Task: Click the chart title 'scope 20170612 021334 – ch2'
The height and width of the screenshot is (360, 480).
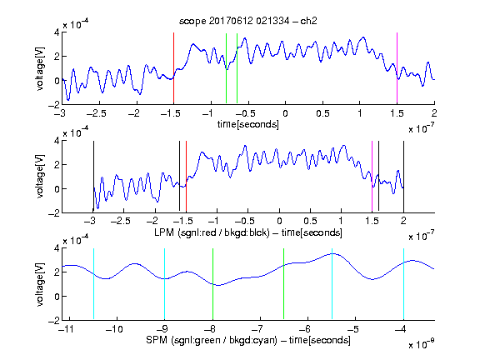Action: [x=248, y=21]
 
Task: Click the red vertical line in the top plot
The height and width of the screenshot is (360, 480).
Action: [x=173, y=68]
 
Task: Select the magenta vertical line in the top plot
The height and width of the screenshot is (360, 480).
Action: [x=397, y=68]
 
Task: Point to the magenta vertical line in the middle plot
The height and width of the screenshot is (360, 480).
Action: [x=372, y=177]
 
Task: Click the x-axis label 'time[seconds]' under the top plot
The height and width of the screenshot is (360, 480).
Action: [x=248, y=124]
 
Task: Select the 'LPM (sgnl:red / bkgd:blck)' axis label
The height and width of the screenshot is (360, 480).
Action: [x=212, y=232]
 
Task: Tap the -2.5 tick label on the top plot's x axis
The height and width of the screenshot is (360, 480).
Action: [x=97, y=113]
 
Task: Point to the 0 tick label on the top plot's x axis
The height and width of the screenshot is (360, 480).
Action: [x=285, y=113]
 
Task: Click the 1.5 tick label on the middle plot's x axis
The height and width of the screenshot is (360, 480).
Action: [x=372, y=221]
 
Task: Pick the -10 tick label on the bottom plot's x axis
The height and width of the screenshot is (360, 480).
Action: [x=114, y=329]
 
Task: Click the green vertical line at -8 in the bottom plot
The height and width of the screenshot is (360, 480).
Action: [x=212, y=284]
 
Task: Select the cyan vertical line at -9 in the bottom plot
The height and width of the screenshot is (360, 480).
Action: [x=165, y=284]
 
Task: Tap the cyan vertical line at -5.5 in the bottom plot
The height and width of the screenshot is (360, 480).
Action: [x=332, y=284]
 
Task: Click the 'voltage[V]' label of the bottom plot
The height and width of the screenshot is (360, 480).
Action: [x=40, y=284]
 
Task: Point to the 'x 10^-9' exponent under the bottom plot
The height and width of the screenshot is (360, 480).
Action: [x=422, y=343]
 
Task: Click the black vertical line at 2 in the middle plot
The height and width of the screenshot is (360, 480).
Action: [x=403, y=177]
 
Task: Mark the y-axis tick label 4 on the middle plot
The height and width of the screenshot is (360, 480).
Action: [x=57, y=141]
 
